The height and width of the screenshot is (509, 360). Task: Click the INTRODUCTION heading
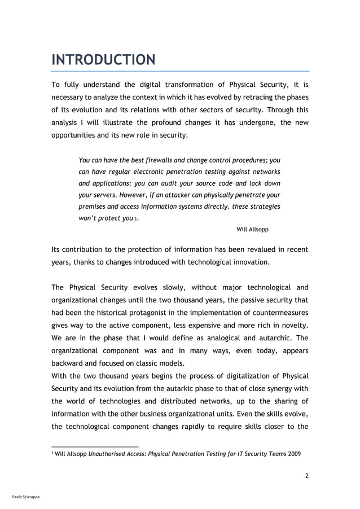(x=103, y=59)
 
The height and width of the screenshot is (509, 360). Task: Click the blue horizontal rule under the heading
(x=180, y=72)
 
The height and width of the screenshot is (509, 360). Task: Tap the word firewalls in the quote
(x=164, y=160)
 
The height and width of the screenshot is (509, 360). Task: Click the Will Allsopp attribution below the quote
(x=252, y=230)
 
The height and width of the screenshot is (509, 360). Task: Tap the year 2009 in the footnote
(x=295, y=454)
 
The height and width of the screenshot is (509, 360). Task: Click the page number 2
(x=306, y=475)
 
